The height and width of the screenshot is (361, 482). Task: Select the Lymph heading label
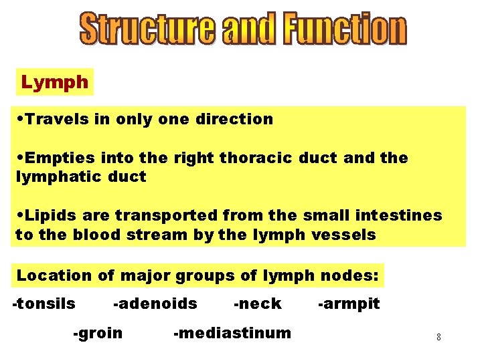click(55, 83)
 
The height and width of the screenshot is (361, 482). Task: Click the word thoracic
click(256, 158)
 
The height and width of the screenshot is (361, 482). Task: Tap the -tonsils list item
click(44, 304)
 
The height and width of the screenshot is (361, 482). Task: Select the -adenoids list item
click(155, 304)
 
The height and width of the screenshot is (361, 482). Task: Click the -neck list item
click(258, 304)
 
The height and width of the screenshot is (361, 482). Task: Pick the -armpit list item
click(349, 304)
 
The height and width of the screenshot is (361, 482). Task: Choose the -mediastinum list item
click(232, 333)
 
